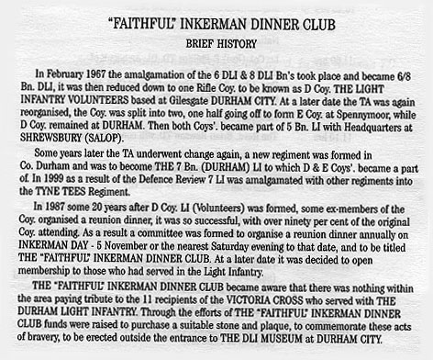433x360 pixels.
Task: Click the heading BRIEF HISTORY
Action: (216, 42)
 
